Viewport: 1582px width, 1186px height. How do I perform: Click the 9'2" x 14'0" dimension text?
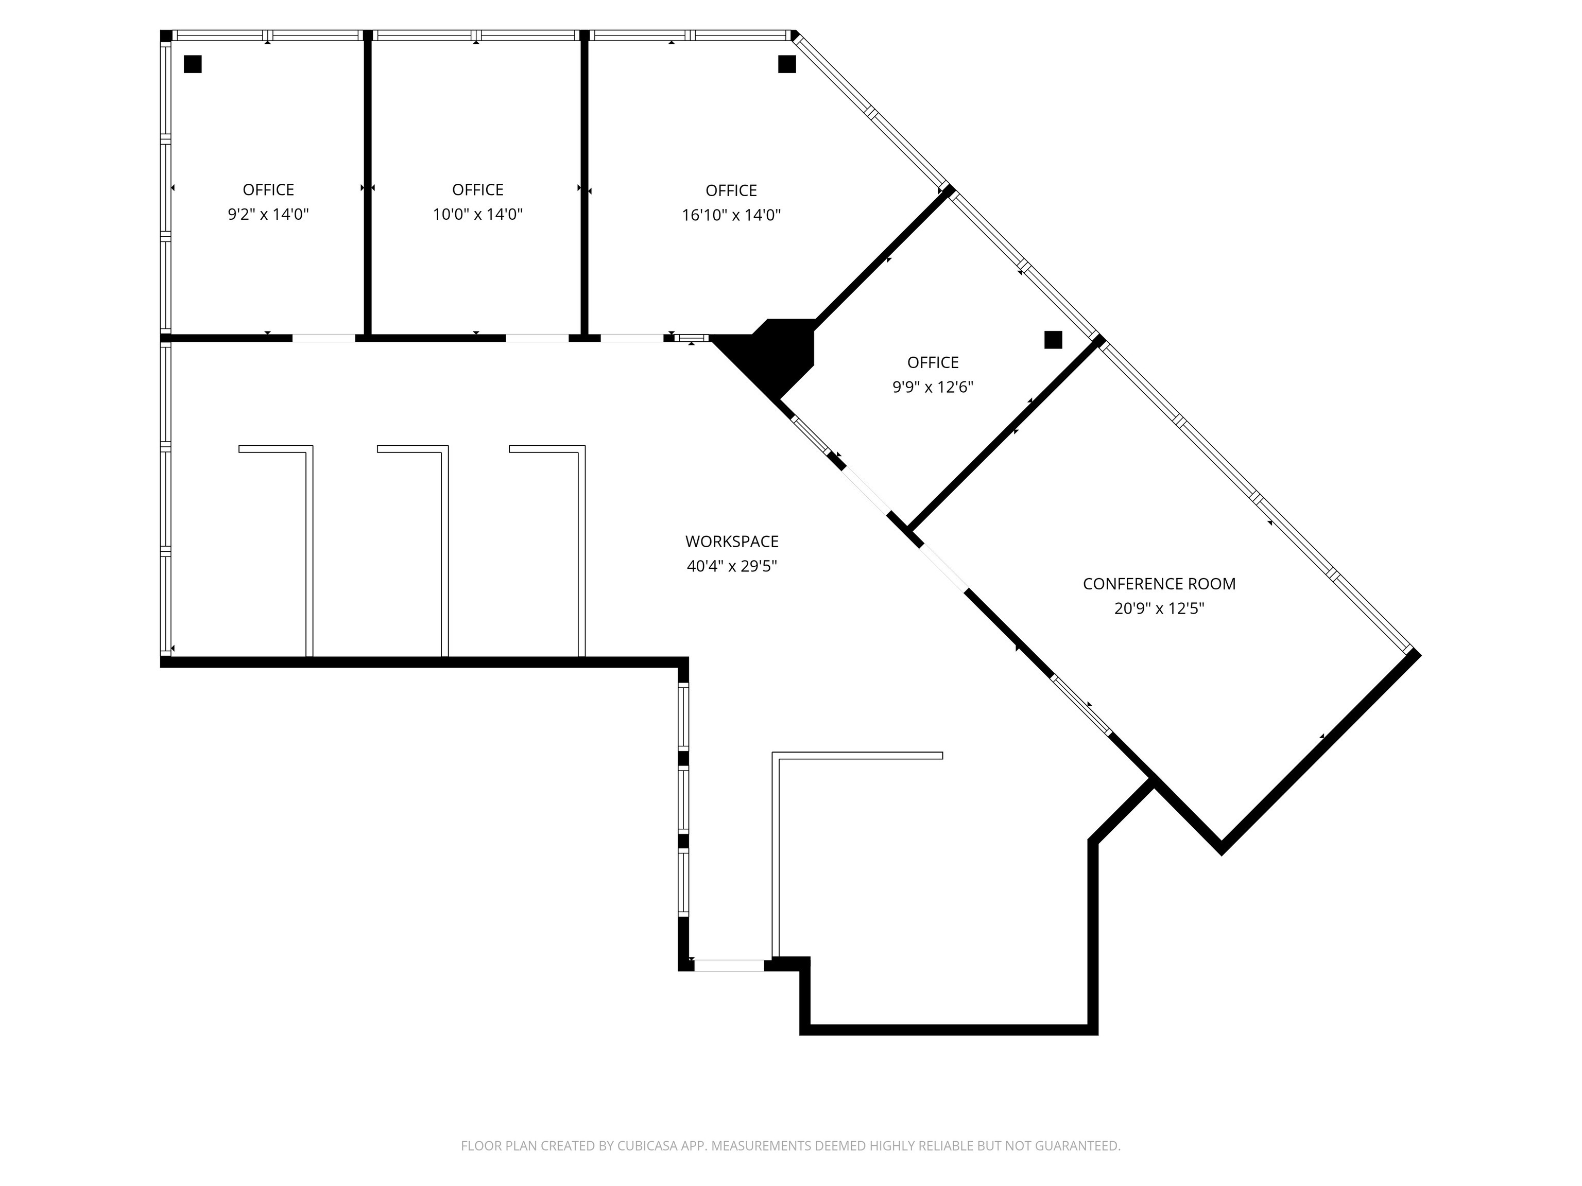pyautogui.click(x=268, y=215)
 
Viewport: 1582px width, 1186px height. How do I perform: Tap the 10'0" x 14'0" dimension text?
pyautogui.click(x=478, y=215)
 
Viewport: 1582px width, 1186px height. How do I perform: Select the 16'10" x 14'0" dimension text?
pyautogui.click(x=731, y=215)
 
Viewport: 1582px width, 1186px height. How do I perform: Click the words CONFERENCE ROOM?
pyautogui.click(x=1159, y=584)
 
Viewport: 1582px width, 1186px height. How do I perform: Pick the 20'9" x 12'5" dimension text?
pyautogui.click(x=1159, y=609)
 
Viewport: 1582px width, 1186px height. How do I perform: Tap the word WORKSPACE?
pyautogui.click(x=732, y=542)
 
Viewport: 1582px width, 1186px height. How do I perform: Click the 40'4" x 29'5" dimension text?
pyautogui.click(x=732, y=567)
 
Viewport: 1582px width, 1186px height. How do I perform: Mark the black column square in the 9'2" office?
pyautogui.click(x=193, y=64)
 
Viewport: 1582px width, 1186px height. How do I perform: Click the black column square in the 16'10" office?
pyautogui.click(x=787, y=64)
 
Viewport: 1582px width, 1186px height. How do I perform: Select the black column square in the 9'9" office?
pyautogui.click(x=1053, y=340)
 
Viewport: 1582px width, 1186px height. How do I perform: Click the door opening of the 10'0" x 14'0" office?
pyautogui.click(x=537, y=338)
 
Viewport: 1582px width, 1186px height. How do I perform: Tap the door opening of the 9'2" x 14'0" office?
pyautogui.click(x=323, y=338)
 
